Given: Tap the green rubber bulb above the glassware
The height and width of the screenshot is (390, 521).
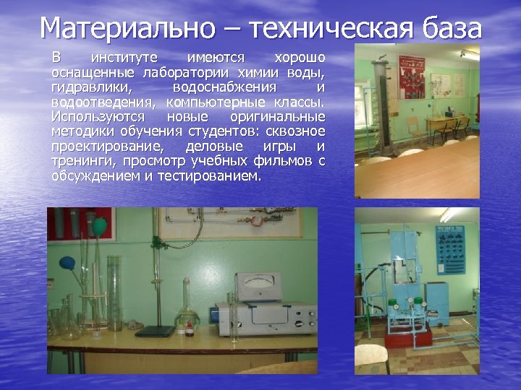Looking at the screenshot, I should pyautogui.click(x=99, y=227).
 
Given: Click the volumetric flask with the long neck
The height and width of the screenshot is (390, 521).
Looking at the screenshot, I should pyautogui.click(x=187, y=311).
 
